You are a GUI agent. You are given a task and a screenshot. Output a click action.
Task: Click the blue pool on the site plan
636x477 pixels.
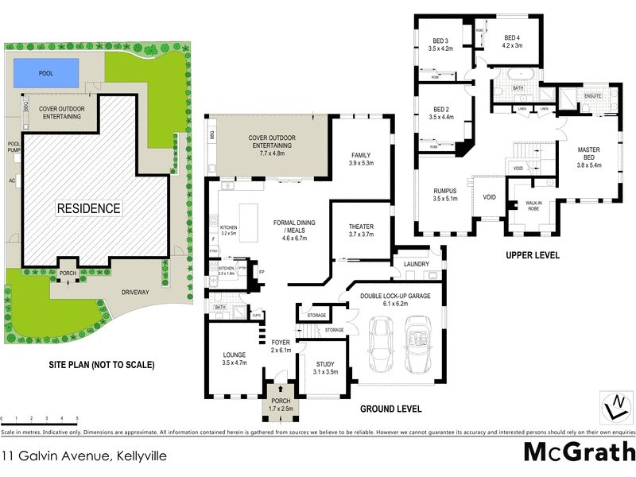pos(46,73)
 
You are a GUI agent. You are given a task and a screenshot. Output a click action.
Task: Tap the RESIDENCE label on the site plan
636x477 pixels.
pos(88,209)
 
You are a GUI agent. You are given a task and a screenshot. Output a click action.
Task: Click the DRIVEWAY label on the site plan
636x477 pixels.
pos(135,293)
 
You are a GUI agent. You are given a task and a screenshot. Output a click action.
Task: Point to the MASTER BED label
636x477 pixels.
pos(588,153)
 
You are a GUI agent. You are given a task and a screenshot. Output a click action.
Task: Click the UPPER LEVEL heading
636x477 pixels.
pos(533,256)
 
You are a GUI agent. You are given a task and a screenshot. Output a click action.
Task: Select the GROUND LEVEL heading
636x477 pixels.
pos(390,409)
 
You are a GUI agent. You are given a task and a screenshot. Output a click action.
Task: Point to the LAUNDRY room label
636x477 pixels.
pos(417,265)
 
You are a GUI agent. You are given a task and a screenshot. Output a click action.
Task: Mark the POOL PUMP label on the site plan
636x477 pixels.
pos(13,148)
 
